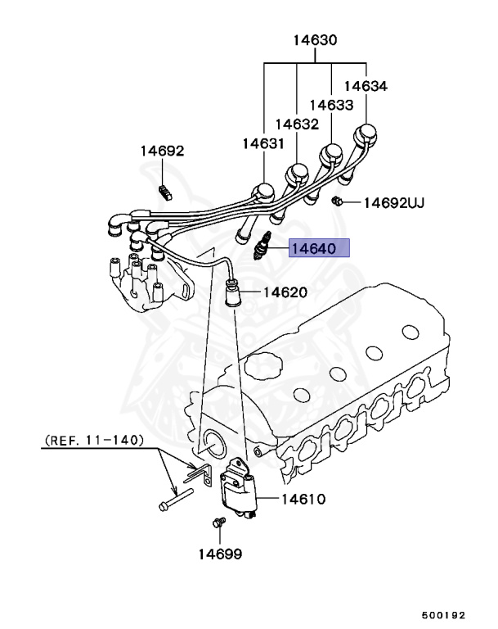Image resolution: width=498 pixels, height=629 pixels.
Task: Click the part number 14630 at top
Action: coord(315,40)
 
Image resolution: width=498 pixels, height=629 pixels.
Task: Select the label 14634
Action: coord(366,85)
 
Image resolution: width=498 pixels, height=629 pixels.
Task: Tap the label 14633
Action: coord(331,105)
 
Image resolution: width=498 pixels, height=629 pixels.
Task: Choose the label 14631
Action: coord(262,144)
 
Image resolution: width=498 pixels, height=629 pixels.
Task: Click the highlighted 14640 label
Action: coord(321,248)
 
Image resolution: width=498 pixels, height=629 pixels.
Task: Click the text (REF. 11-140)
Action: coord(92,440)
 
